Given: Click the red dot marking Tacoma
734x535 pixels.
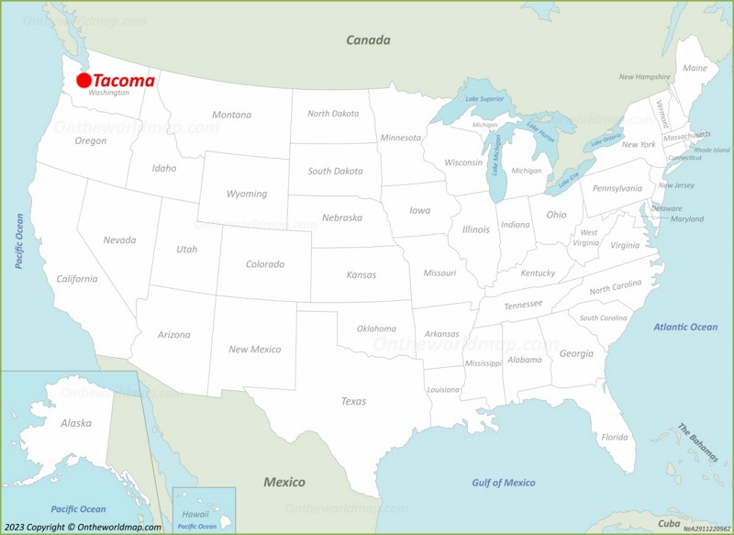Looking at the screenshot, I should tap(83, 81).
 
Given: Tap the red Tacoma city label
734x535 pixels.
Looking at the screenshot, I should tap(124, 81).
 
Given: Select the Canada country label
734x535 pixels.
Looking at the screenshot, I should tap(368, 39).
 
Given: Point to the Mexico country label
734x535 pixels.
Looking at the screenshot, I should tap(284, 482).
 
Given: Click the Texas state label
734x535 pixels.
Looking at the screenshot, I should tap(353, 401).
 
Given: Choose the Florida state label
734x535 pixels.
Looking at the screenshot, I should tap(615, 437).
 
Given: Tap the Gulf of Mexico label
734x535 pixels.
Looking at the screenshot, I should tap(504, 483).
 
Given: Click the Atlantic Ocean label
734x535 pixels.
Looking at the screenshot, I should tap(685, 327).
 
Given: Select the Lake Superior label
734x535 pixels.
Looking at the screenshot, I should tap(484, 98).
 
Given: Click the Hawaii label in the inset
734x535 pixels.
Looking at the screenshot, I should tap(195, 514).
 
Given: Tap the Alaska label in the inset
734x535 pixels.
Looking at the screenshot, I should tap(75, 423).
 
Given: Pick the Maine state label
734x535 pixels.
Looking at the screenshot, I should tap(695, 68).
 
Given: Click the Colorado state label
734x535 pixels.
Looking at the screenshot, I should tap(264, 264).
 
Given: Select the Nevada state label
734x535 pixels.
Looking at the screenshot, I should tap(119, 240).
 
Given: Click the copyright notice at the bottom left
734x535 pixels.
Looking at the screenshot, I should tap(82, 527).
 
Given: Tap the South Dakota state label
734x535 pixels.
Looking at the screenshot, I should tap(335, 171).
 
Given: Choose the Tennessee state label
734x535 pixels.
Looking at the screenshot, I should tap(523, 305).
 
